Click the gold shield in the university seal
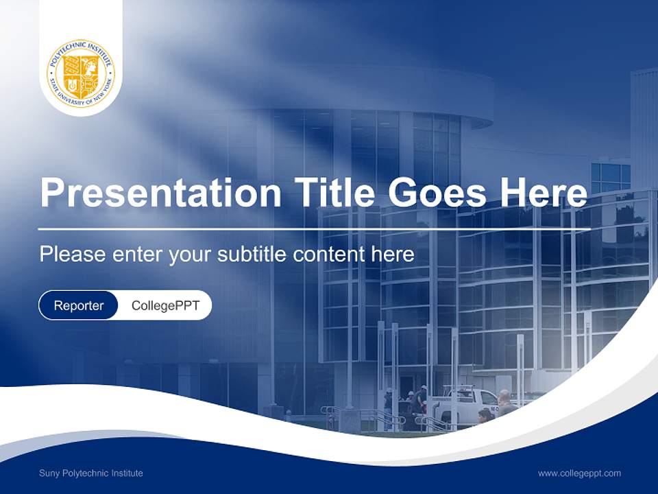81,73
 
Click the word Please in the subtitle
72,255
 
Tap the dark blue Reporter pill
78,305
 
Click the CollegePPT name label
165,305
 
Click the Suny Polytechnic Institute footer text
91,473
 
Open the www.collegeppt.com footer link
579,473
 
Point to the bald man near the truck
505,403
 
